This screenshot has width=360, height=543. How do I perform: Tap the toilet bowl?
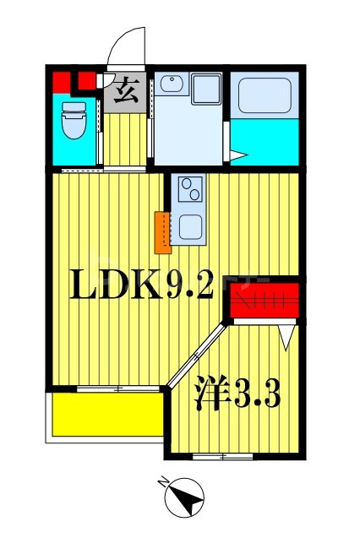(x=72, y=120)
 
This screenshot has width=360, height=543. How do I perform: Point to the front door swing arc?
(x=127, y=44)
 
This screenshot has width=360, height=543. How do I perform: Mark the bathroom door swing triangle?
(x=237, y=155)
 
